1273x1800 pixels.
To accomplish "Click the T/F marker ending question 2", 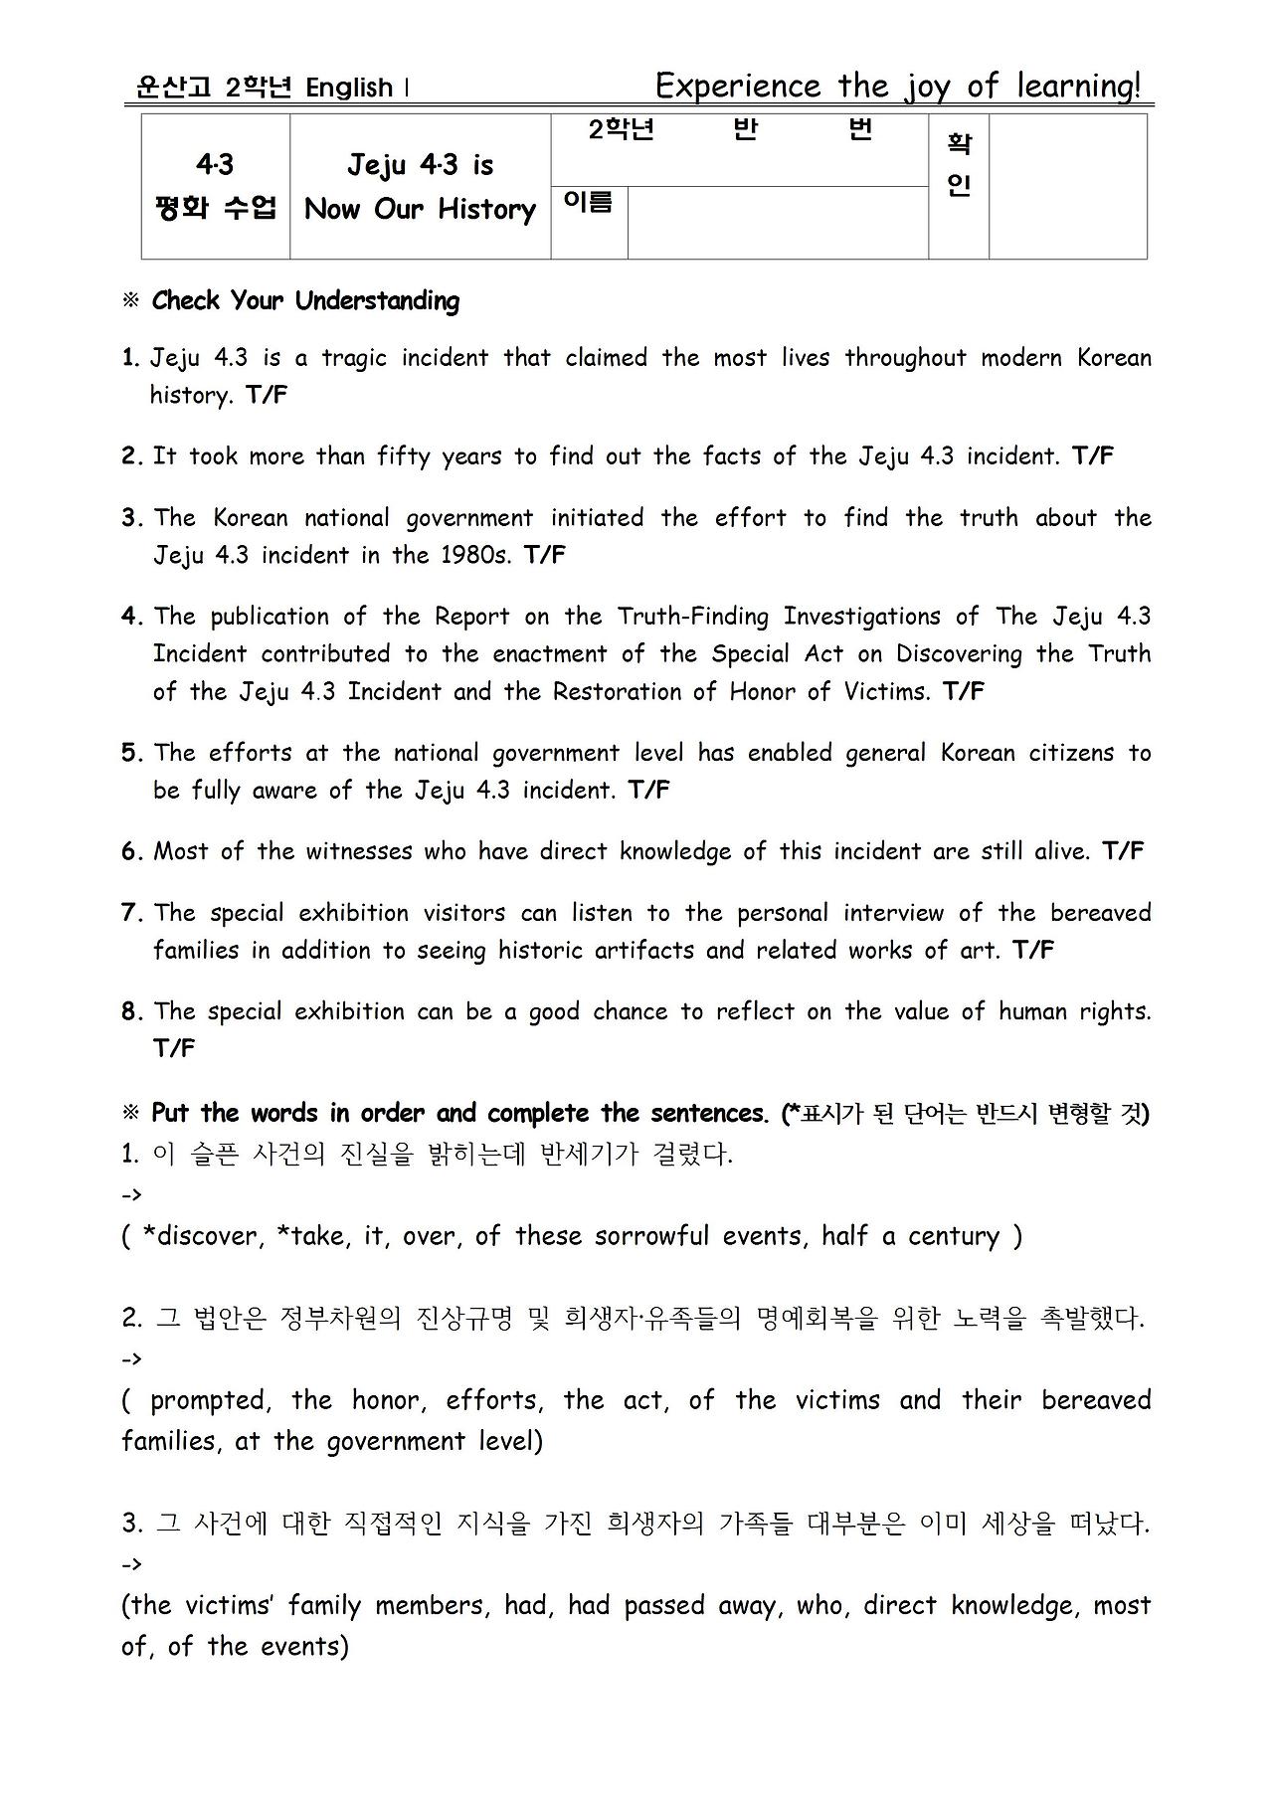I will tap(1093, 456).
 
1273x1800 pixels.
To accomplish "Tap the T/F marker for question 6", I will tap(1123, 851).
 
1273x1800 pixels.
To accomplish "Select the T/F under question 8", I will tap(174, 1048).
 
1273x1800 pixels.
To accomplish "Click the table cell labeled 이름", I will tap(589, 203).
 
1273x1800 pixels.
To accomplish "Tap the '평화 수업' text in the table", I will tap(215, 209).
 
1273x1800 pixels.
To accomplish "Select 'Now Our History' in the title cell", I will tap(420, 209).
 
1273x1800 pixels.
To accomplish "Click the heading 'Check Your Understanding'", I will tap(305, 301).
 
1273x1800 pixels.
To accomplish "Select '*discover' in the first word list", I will tap(203, 1236).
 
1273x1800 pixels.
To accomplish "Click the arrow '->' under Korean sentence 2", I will tap(131, 1358).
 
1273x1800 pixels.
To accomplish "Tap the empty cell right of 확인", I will tap(1067, 186).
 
